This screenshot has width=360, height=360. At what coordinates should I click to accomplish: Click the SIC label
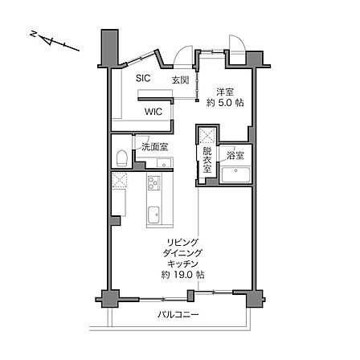coord(143,78)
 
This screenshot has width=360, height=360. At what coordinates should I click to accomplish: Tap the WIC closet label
coord(153,112)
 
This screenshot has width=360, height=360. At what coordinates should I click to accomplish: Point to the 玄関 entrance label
coord(181,80)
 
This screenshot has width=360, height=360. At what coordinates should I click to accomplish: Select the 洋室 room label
coord(225,92)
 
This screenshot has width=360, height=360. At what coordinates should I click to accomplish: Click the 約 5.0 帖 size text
coord(225,103)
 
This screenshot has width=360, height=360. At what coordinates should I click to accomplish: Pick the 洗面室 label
coord(155,146)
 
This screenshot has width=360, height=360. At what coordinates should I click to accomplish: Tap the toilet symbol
coord(121,157)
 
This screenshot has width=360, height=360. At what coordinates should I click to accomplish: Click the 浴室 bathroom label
coord(235,155)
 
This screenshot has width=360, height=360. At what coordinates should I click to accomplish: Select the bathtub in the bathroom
coord(235,174)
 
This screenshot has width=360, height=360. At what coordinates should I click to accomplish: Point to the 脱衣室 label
coord(207,160)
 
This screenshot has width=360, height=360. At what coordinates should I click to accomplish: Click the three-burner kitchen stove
coord(154,183)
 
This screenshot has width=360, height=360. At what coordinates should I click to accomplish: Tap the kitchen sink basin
coord(154,215)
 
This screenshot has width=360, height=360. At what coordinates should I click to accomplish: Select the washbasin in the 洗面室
coord(164,162)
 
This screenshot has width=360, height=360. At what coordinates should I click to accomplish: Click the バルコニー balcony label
coord(178,314)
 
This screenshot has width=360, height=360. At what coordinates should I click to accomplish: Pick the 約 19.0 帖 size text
coord(182,275)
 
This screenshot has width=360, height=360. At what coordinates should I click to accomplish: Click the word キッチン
coord(182,264)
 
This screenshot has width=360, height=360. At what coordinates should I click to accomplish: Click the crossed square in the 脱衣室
coord(207,136)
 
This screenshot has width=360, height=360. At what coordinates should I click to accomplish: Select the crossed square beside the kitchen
coord(119,180)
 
